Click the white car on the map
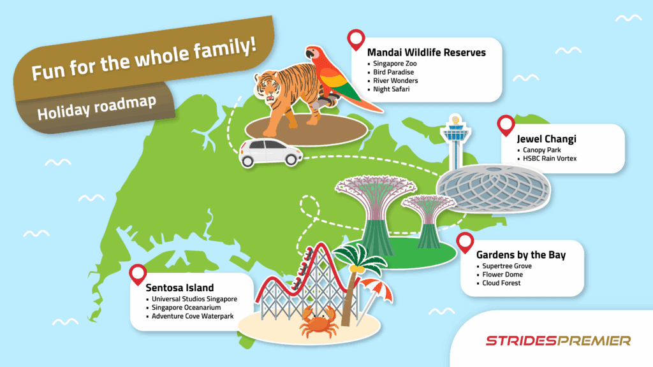pyautogui.click(x=270, y=153)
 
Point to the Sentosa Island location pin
pyautogui.click(x=137, y=275)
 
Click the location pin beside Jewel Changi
pyautogui.click(x=506, y=124)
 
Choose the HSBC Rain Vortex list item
pyautogui.click(x=549, y=159)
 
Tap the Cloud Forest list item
pyautogui.click(x=501, y=283)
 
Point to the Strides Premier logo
pyautogui.click(x=558, y=341)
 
